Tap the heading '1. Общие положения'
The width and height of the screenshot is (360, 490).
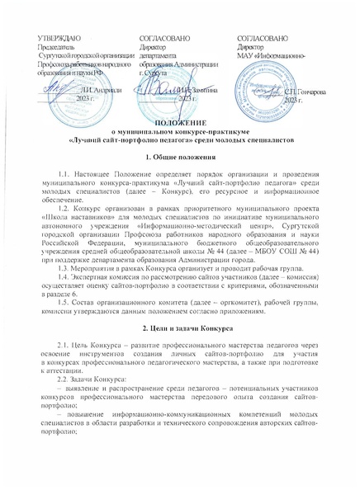179,157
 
